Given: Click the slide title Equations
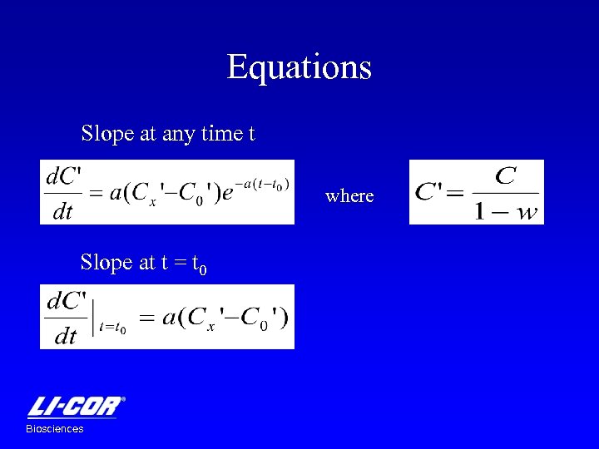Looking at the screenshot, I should click(299, 67).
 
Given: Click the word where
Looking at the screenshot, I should click(349, 196).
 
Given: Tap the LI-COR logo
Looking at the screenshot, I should click(77, 407).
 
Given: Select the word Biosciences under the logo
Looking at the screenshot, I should click(55, 429).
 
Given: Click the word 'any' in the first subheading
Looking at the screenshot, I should click(178, 133).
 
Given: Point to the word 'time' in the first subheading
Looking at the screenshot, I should click(220, 133).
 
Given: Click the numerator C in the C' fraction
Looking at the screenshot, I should click(505, 175).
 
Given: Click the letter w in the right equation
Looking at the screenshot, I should click(527, 212).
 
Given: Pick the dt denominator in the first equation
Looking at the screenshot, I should click(63, 211).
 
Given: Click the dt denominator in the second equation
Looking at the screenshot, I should click(64, 336).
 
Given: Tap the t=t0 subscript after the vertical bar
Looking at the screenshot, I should click(112, 328).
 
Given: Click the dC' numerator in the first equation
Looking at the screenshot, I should click(64, 176).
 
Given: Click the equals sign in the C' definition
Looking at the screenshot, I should click(454, 194).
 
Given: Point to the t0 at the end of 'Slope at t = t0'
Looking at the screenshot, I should click(200, 265).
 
